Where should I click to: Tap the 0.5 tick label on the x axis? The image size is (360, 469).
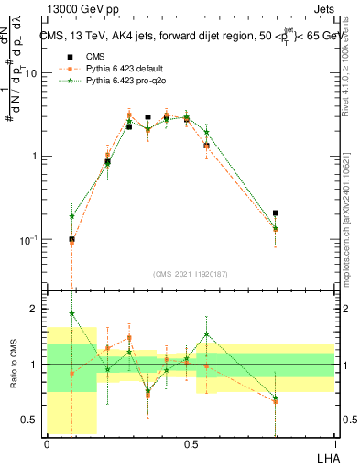pos(191,443)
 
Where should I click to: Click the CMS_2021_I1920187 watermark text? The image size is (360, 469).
pos(190,274)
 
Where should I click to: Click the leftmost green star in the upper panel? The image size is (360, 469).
pos(72,217)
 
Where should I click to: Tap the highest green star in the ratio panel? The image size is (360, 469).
pos(72,313)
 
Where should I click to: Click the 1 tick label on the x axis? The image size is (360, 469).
pos(333,443)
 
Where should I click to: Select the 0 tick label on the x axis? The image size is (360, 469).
pos(47,443)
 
